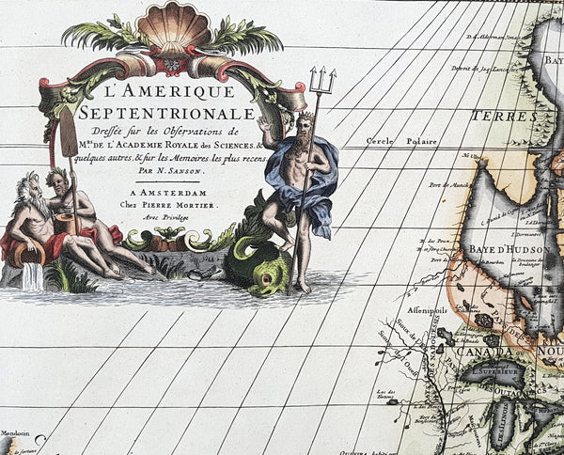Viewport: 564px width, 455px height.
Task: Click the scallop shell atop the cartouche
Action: [174, 28]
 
